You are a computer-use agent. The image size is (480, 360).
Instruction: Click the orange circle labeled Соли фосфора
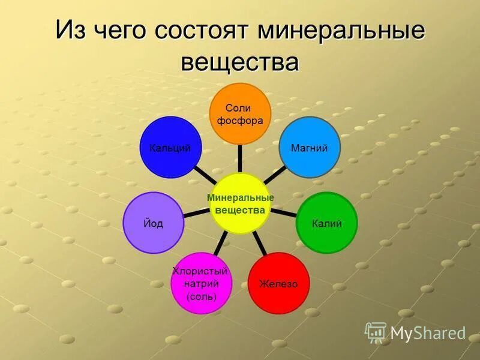(239, 113)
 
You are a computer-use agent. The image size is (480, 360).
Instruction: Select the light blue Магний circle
(310, 148)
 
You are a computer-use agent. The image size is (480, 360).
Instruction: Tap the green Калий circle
(326, 223)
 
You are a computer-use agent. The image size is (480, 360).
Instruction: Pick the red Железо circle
(278, 283)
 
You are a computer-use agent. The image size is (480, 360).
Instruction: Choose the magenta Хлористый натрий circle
(201, 284)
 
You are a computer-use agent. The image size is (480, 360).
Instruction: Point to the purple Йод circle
(154, 223)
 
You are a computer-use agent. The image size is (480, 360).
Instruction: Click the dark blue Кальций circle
(170, 148)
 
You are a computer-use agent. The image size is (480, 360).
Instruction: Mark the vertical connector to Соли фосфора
(239, 158)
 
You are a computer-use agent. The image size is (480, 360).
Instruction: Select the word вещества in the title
(239, 61)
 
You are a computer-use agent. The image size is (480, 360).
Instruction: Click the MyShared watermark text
(428, 333)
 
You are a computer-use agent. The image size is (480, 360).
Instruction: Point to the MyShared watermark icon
(376, 332)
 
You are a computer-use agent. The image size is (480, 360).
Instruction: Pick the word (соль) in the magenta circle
(201, 297)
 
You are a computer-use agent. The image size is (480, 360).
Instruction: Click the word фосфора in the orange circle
(240, 121)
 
